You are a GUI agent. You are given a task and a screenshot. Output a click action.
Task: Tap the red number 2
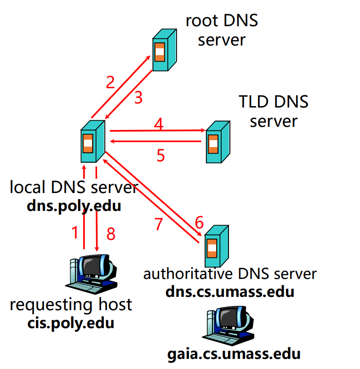tap(110, 83)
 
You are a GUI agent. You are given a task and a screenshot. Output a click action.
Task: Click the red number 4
tap(158, 124)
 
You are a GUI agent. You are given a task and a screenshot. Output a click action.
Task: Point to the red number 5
tap(160, 155)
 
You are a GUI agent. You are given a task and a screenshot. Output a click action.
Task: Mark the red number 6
tap(199, 222)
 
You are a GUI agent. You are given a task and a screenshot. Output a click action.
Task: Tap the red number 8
tap(110, 233)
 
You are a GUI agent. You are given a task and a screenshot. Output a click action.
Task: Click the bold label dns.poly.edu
tap(74, 206)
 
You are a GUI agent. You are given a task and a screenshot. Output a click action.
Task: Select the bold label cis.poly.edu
tap(71, 323)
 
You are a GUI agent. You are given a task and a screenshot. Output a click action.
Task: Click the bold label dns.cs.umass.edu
tap(230, 291)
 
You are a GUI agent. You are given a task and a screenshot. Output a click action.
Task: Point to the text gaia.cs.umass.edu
tap(234, 354)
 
